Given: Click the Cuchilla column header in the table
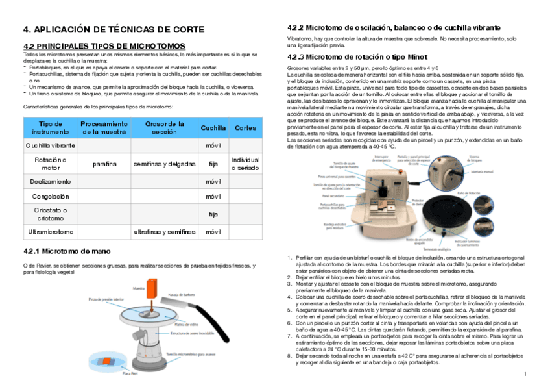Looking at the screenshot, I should (213, 128).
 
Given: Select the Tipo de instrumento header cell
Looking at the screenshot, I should (50, 128).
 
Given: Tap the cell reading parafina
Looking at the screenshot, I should (104, 164).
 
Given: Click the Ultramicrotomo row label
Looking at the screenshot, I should (50, 231).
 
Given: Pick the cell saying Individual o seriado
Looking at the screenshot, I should (246, 164).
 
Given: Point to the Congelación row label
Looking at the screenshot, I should (50, 196).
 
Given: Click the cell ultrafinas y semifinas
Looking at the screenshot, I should (163, 231).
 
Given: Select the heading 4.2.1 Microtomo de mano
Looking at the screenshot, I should (67, 251).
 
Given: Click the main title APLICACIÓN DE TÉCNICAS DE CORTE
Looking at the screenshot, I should (114, 30).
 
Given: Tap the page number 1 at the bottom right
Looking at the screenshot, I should (524, 375).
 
